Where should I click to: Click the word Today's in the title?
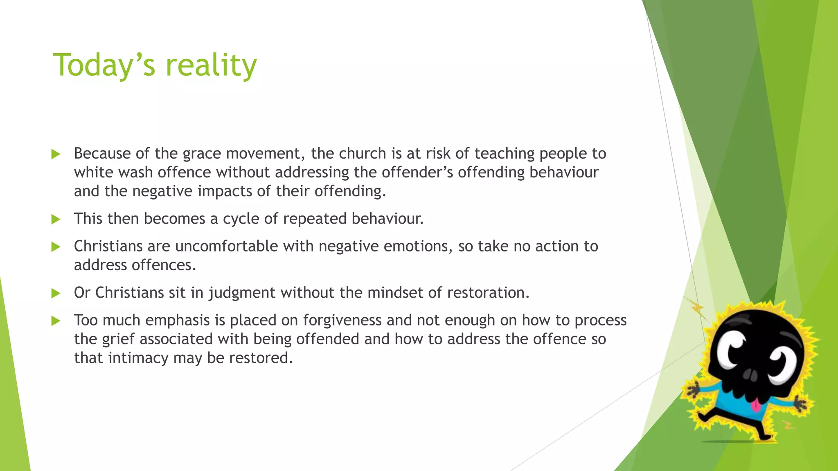point(104,65)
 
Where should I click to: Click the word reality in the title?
point(211,65)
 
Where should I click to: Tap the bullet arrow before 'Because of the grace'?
point(56,154)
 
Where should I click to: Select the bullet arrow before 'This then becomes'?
point(56,220)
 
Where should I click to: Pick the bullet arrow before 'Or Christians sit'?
point(56,293)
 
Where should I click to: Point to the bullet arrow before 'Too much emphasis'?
point(56,321)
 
